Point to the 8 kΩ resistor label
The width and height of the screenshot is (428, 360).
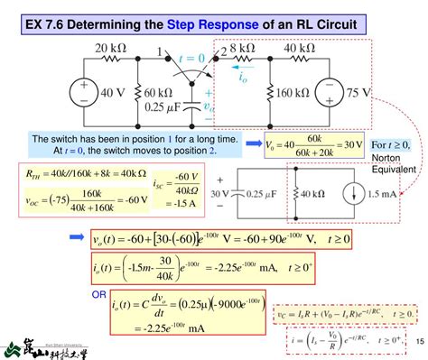pyautogui.click(x=243, y=48)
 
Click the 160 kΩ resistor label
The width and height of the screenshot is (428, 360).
pyautogui.click(x=296, y=91)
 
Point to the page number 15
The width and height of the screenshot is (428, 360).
pyautogui.click(x=415, y=339)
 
